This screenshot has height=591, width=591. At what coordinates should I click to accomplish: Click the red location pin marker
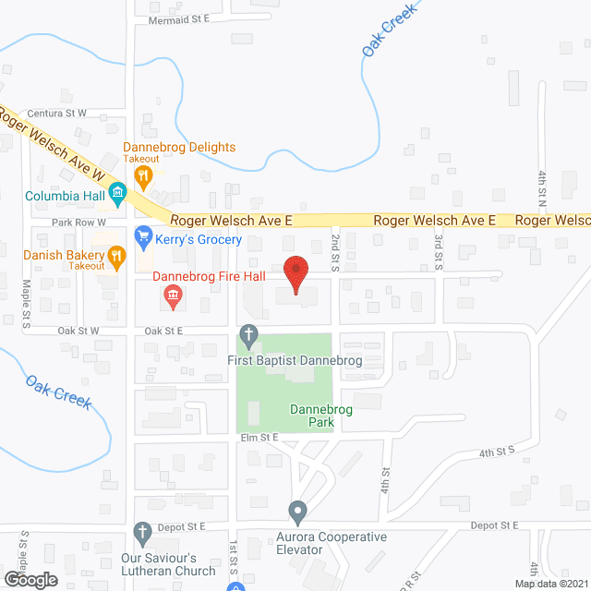tap(295, 274)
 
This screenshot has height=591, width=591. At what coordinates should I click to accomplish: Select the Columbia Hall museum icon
tap(117, 195)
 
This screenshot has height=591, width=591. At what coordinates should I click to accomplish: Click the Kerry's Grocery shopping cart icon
tap(143, 239)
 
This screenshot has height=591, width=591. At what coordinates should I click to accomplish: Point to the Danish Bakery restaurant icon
tap(116, 256)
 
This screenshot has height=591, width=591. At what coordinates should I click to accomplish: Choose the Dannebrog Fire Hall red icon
tap(172, 296)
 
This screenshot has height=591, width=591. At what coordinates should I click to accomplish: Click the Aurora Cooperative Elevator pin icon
tap(297, 511)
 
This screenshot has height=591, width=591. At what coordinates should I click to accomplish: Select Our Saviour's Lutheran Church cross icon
tap(141, 532)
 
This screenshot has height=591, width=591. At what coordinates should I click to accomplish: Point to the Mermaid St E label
tap(181, 18)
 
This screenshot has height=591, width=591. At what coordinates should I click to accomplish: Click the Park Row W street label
tap(79, 223)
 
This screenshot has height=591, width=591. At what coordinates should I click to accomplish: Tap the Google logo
tap(29, 580)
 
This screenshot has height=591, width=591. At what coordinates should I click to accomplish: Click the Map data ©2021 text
tap(550, 584)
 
